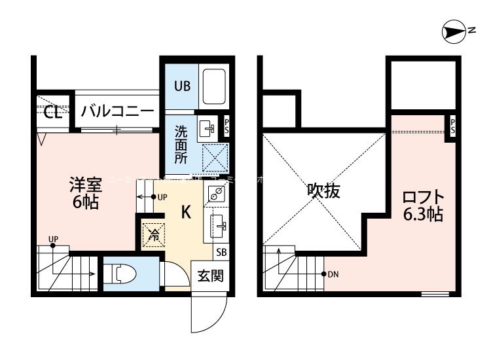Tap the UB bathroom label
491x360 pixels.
181,85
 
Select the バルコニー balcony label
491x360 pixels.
117,111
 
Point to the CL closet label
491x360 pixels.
53,113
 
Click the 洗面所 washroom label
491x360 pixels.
181,144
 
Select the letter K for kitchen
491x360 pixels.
185,212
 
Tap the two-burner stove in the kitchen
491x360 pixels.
217,192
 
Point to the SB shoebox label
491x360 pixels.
221,252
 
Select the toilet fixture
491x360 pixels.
120,272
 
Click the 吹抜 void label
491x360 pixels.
323,192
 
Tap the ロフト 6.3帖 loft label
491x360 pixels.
423,204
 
